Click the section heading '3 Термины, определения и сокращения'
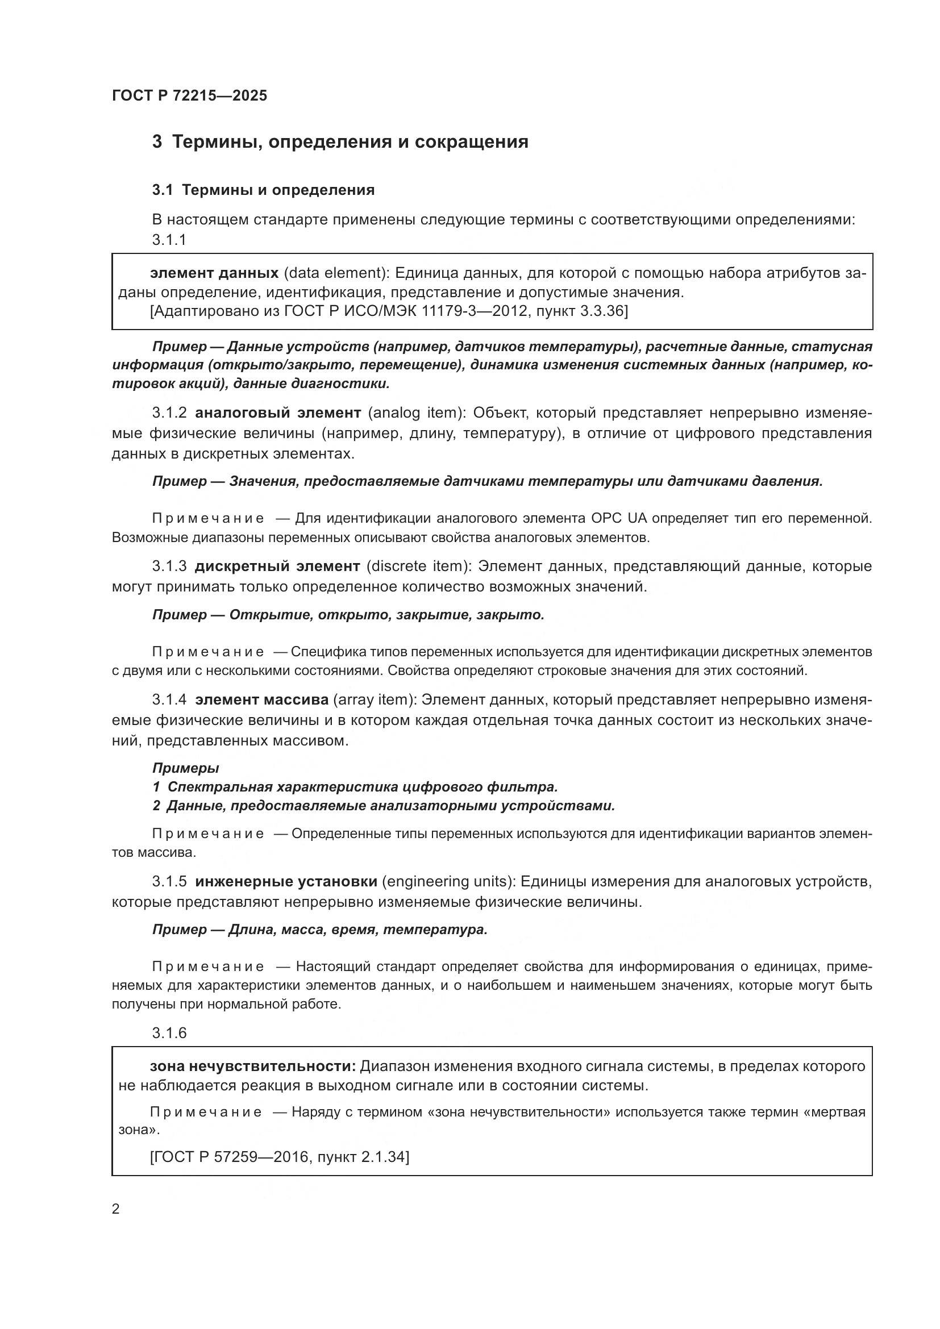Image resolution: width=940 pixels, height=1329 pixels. [x=340, y=142]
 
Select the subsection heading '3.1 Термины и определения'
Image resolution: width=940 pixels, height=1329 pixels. [x=263, y=190]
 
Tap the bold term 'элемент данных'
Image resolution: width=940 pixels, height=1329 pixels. [x=214, y=273]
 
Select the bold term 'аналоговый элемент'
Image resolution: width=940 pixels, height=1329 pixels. [x=278, y=413]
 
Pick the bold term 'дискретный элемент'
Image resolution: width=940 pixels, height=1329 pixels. [x=277, y=566]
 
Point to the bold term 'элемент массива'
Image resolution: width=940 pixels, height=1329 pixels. [x=261, y=700]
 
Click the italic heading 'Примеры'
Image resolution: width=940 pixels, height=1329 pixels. [x=185, y=768]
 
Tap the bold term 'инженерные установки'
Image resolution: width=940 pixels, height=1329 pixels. [x=286, y=882]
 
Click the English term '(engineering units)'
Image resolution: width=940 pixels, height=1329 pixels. [x=448, y=882]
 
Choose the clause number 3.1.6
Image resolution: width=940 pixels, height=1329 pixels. [x=169, y=1033]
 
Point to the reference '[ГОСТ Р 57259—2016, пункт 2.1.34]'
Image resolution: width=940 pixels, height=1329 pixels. [x=279, y=1157]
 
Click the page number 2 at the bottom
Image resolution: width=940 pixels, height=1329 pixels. [x=116, y=1209]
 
